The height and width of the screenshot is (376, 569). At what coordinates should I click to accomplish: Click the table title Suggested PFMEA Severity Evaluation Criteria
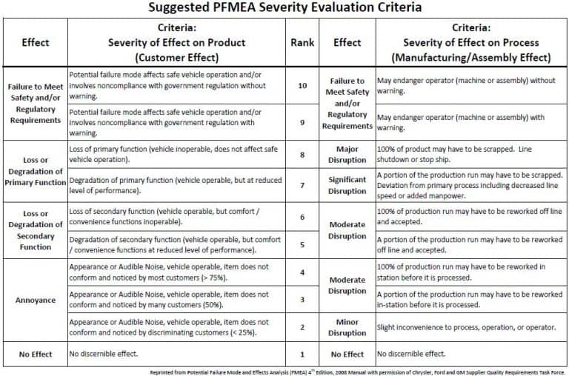pyautogui.click(x=284, y=7)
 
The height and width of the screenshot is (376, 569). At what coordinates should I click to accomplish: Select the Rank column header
pyautogui.click(x=302, y=42)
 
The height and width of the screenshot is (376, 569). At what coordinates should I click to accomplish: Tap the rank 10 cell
pyautogui.click(x=302, y=86)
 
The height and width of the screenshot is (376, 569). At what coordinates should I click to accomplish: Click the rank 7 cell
pyautogui.click(x=302, y=185)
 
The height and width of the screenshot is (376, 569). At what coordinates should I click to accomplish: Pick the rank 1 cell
pyautogui.click(x=302, y=354)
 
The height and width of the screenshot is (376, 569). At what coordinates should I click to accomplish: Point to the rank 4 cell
pyautogui.click(x=302, y=272)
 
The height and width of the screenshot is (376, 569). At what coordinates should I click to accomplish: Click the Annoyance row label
pyautogui.click(x=34, y=300)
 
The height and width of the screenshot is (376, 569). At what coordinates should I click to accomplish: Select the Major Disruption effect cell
pyautogui.click(x=347, y=154)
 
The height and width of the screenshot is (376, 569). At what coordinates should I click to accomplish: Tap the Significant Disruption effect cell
pyautogui.click(x=347, y=185)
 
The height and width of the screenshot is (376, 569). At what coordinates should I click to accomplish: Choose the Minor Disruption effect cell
pyautogui.click(x=347, y=327)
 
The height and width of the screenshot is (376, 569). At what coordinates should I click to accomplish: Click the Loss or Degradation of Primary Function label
pyautogui.click(x=34, y=171)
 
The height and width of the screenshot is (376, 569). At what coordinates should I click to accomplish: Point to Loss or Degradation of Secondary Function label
pyautogui.click(x=34, y=231)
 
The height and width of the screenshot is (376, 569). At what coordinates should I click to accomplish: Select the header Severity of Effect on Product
pyautogui.click(x=176, y=42)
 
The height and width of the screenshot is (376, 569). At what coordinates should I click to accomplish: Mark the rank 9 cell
pyautogui.click(x=302, y=122)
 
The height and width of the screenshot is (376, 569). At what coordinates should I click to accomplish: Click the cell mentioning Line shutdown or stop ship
pyautogui.click(x=470, y=154)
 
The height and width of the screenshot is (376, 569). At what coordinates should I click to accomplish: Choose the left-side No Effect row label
pyautogui.click(x=34, y=354)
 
